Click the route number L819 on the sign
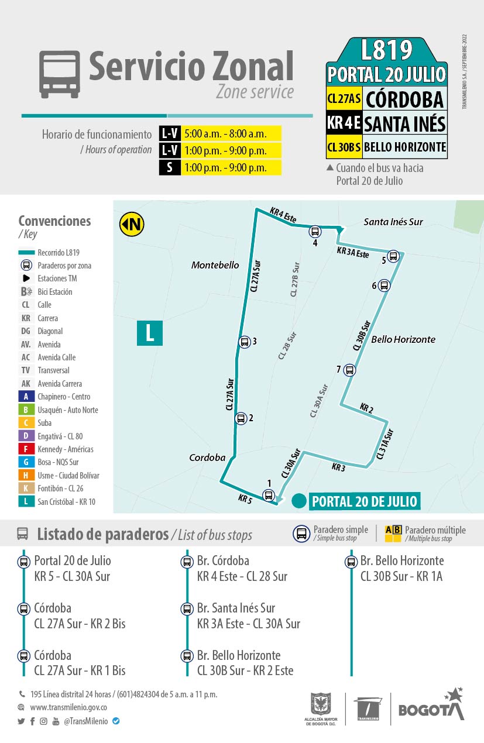coord(386,51)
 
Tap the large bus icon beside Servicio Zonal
coord(59,74)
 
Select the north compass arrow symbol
coord(132,224)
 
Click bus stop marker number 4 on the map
coord(315,232)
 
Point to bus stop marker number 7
coord(349,370)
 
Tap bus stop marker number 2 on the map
coord(240,418)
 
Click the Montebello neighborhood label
coord(215,266)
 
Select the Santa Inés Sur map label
coord(393,222)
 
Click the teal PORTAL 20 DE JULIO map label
coord(364,501)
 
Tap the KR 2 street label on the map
coord(366,408)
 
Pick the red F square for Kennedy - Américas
coord(26,449)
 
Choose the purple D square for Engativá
coord(26,436)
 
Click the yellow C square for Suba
coord(26,423)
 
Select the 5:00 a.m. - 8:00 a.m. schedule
coord(225,133)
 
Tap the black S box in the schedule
coord(170,167)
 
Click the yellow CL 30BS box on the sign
coord(344,147)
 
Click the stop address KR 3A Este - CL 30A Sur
coord(248,624)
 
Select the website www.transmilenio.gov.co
coord(68,707)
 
